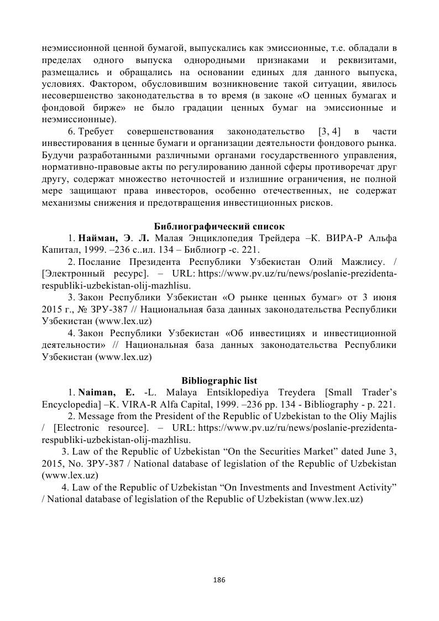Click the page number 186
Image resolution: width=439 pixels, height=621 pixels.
(219, 580)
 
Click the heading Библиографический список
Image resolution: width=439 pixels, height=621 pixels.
(219, 226)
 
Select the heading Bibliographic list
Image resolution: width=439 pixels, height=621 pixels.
(219, 380)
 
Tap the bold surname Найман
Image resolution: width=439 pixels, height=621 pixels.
(97, 238)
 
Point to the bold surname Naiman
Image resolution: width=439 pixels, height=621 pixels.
(97, 393)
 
